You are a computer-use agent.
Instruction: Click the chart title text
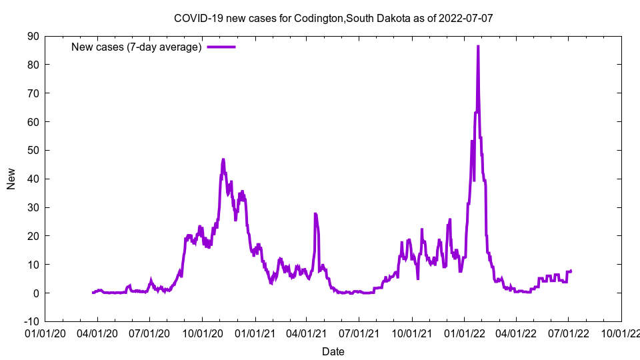tap(333, 18)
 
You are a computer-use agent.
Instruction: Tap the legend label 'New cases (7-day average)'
tap(137, 47)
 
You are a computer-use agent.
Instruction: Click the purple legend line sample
tap(221, 47)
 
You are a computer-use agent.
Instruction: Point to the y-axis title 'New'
tap(11, 179)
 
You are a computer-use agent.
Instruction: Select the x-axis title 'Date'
tap(333, 351)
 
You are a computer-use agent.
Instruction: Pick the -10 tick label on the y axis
tap(31, 321)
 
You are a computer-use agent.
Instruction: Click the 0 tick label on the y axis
tap(36, 293)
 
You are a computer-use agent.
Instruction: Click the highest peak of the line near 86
tap(478, 46)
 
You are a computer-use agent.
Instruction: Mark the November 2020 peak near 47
tap(223, 159)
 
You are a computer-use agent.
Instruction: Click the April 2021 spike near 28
tap(315, 213)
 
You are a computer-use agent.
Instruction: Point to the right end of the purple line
tap(571, 271)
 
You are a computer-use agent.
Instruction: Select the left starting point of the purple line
tap(93, 293)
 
